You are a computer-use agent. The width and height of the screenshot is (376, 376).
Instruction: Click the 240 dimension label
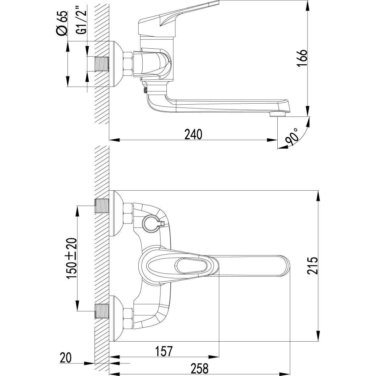click(194, 134)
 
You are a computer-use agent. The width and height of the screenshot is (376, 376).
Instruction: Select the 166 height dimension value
click(302, 58)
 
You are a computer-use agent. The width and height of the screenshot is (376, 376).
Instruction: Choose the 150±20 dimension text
click(71, 258)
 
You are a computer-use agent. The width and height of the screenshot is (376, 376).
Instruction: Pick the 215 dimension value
click(312, 265)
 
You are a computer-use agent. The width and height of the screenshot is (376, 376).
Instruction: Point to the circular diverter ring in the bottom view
click(151, 223)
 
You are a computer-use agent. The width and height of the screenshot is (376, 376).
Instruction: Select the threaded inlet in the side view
click(102, 64)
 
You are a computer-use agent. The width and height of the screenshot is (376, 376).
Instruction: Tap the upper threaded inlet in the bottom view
click(102, 206)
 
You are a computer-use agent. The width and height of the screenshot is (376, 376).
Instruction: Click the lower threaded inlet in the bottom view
click(102, 311)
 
